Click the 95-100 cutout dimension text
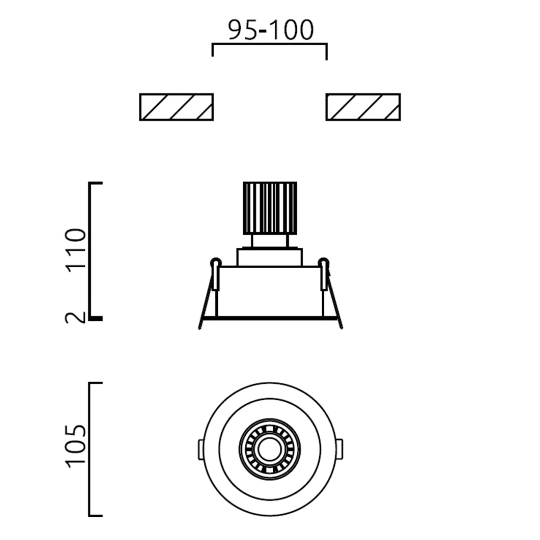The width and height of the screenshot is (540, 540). click(271, 30)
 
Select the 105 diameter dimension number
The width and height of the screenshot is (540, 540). click(75, 446)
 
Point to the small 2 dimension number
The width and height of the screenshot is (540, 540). click(75, 317)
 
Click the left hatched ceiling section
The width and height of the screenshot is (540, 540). click(176, 107)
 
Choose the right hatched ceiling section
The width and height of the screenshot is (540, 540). click(363, 107)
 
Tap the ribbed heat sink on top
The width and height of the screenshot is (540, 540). click(270, 209)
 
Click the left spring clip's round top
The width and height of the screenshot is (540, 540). click(216, 262)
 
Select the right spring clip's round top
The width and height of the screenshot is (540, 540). click(324, 262)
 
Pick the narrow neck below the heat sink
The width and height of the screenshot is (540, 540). click(270, 242)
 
